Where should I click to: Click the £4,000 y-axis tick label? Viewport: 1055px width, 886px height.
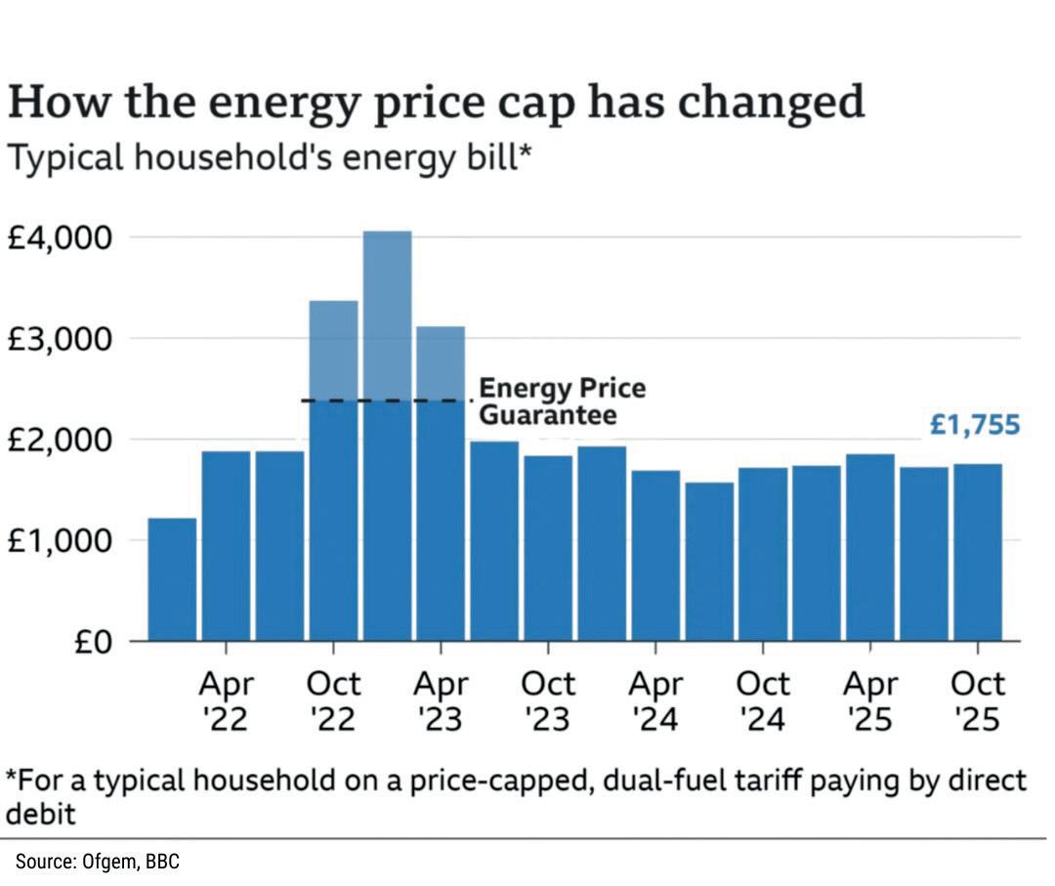coord(62,238)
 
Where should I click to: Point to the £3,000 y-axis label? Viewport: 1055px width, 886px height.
coord(62,340)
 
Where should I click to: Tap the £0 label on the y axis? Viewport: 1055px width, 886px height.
coord(96,642)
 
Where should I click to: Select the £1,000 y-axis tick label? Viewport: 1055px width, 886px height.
coord(62,541)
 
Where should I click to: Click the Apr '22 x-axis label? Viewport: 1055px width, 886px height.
coord(226,700)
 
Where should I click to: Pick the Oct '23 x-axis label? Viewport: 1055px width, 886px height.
coord(547,700)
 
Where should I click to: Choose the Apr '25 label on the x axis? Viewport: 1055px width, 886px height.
coord(870,700)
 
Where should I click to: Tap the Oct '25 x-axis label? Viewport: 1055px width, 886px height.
coord(977,700)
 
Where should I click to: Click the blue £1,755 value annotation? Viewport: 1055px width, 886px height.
coord(974,425)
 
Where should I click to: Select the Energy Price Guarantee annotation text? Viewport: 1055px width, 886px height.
coord(562,401)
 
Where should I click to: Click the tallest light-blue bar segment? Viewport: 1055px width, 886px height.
coord(387,313)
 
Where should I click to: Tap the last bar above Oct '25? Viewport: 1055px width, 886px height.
coord(977,552)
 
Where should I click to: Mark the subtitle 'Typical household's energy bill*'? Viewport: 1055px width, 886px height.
coord(269,157)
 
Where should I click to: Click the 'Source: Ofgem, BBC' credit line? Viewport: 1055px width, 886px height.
coord(97,862)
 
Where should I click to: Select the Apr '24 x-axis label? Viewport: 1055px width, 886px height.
coord(654,700)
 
